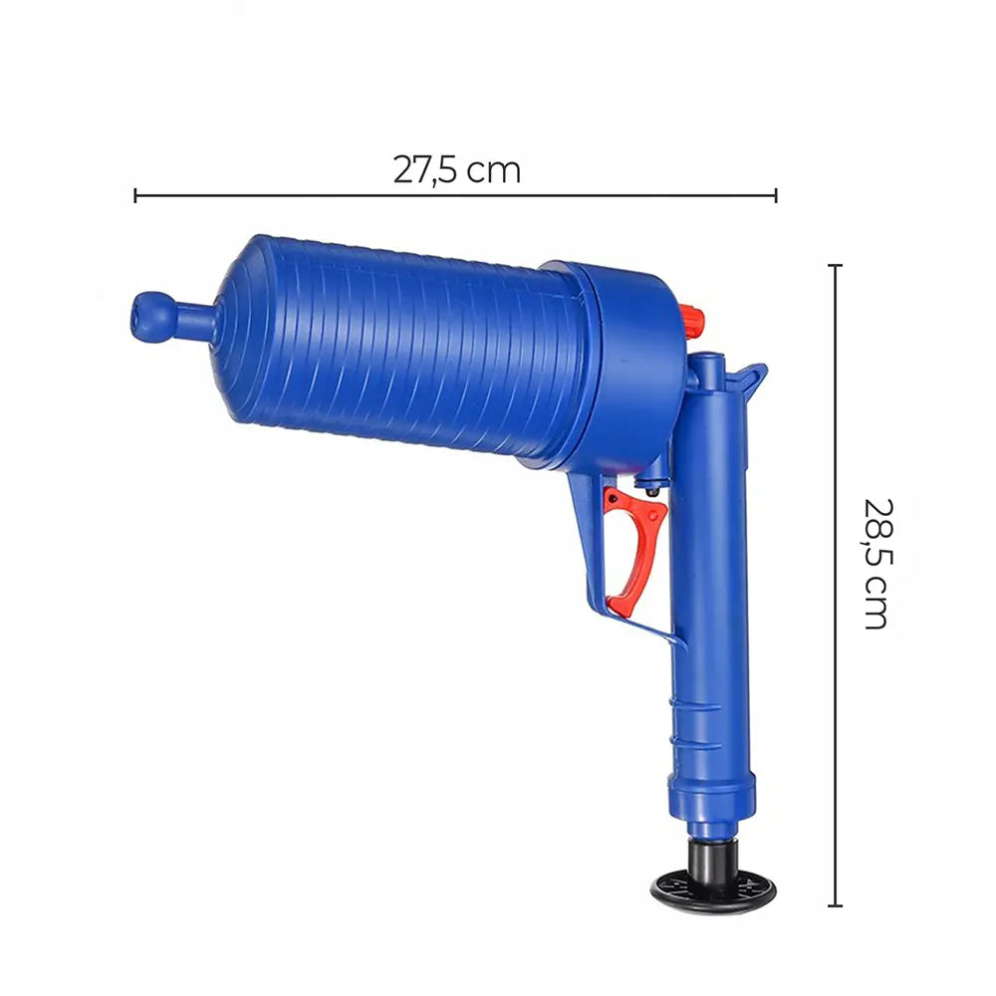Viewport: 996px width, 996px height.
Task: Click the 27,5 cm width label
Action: (x=457, y=170)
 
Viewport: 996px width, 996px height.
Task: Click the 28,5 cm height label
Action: (x=879, y=564)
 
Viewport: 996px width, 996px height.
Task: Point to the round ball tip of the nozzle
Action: (x=150, y=318)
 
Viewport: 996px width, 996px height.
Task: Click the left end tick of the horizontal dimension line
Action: (x=135, y=195)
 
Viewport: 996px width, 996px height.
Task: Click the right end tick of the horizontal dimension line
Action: (x=776, y=195)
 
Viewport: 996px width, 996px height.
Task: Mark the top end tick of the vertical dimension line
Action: (x=836, y=265)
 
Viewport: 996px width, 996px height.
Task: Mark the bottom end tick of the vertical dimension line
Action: (x=836, y=905)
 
